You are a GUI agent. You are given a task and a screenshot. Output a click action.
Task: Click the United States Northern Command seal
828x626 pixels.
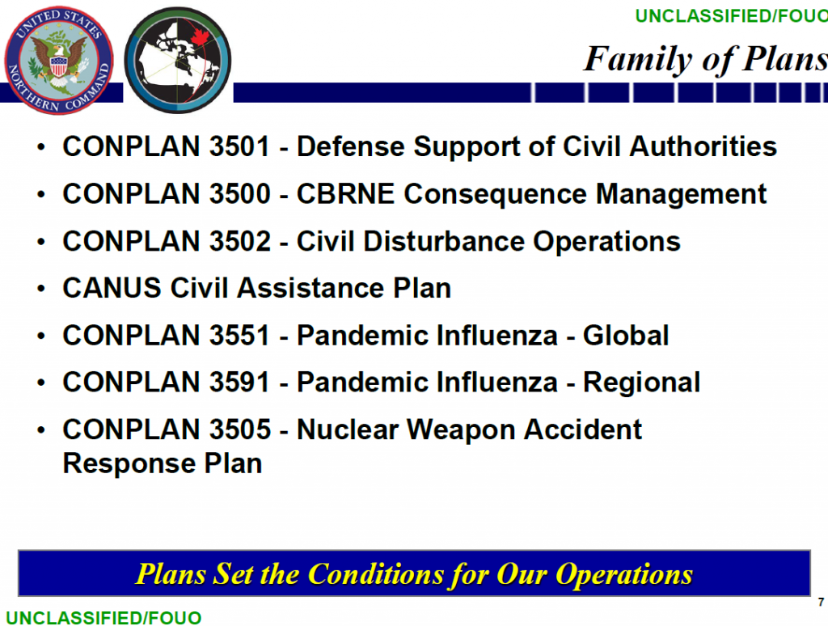(58, 60)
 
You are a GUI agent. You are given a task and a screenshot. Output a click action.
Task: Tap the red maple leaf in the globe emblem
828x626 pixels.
(201, 37)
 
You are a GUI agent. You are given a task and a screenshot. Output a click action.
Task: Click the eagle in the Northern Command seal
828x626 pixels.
(58, 60)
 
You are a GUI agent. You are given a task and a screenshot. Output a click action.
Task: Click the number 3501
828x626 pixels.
(239, 146)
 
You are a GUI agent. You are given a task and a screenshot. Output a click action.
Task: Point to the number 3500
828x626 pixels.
(239, 194)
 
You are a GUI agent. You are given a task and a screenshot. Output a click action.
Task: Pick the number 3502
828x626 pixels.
(239, 241)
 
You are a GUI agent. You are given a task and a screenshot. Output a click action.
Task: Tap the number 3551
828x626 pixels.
(239, 336)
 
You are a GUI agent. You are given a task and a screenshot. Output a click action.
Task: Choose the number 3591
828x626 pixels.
(239, 383)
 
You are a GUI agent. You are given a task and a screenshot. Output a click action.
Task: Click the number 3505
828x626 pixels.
(239, 429)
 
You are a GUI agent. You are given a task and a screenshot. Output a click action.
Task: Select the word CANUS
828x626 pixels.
(112, 289)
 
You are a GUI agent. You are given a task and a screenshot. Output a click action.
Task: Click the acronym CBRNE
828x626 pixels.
(345, 194)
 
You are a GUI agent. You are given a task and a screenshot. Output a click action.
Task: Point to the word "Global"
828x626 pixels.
(626, 336)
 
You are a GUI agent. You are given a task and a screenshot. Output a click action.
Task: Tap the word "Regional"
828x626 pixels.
(641, 383)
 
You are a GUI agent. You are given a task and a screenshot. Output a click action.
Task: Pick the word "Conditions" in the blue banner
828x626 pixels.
(375, 574)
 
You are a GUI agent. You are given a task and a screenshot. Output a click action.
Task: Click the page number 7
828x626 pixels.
(821, 603)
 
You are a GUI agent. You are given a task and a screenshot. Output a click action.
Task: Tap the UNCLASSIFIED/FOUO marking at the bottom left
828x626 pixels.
(103, 618)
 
